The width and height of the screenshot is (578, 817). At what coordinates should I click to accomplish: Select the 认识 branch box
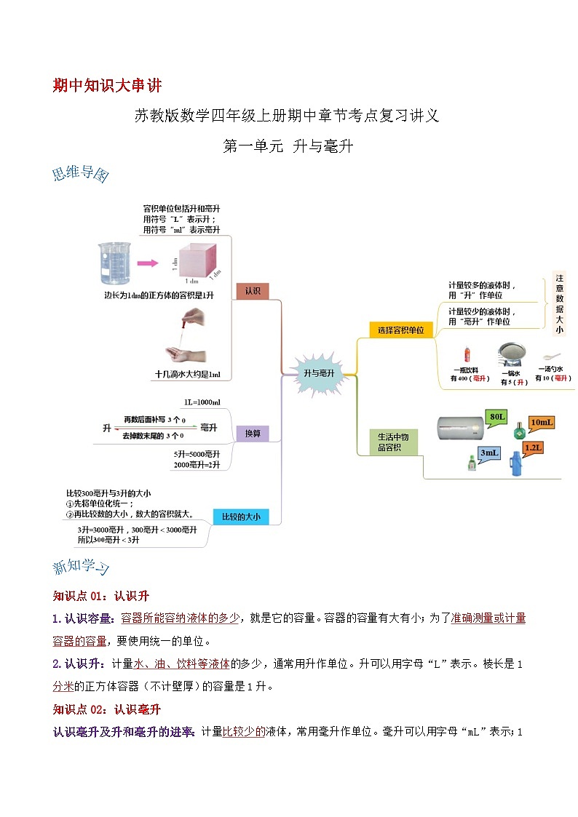(253, 291)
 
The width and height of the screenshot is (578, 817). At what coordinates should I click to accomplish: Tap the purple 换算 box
(253, 434)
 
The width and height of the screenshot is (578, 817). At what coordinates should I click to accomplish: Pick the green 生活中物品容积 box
(394, 442)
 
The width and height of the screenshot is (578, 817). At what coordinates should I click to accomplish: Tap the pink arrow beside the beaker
(149, 264)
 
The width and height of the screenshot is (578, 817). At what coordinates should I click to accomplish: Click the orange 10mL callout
(541, 423)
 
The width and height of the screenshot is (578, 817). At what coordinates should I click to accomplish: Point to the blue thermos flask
(515, 463)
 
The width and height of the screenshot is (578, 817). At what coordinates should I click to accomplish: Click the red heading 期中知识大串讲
(107, 85)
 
